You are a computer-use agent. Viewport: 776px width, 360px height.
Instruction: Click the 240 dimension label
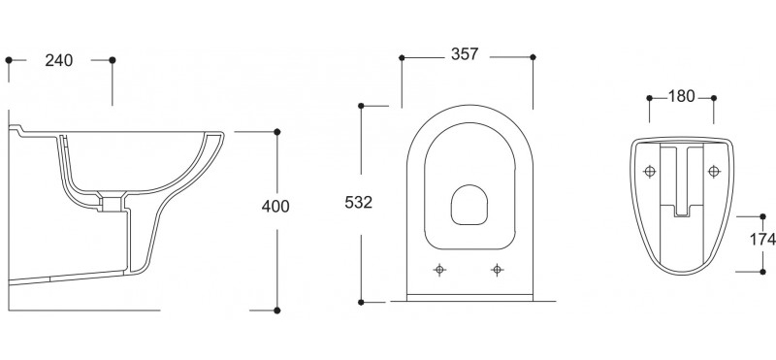[x=59, y=60]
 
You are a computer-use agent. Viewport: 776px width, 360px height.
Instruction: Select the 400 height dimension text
[x=275, y=206]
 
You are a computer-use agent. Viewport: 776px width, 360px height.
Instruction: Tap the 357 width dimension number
[x=465, y=54]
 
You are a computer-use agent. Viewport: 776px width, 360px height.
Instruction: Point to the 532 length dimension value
[x=358, y=203]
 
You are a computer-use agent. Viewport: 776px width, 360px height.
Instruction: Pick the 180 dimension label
[x=682, y=96]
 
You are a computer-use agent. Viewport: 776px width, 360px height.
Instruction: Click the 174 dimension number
[x=762, y=240]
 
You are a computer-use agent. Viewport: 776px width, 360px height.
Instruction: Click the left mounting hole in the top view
[x=439, y=270]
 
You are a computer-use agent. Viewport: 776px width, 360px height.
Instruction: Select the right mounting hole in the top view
[x=498, y=270]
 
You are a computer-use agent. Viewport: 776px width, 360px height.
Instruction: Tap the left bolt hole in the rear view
[x=649, y=172]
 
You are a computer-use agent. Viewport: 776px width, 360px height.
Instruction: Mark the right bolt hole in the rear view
[x=714, y=172]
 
